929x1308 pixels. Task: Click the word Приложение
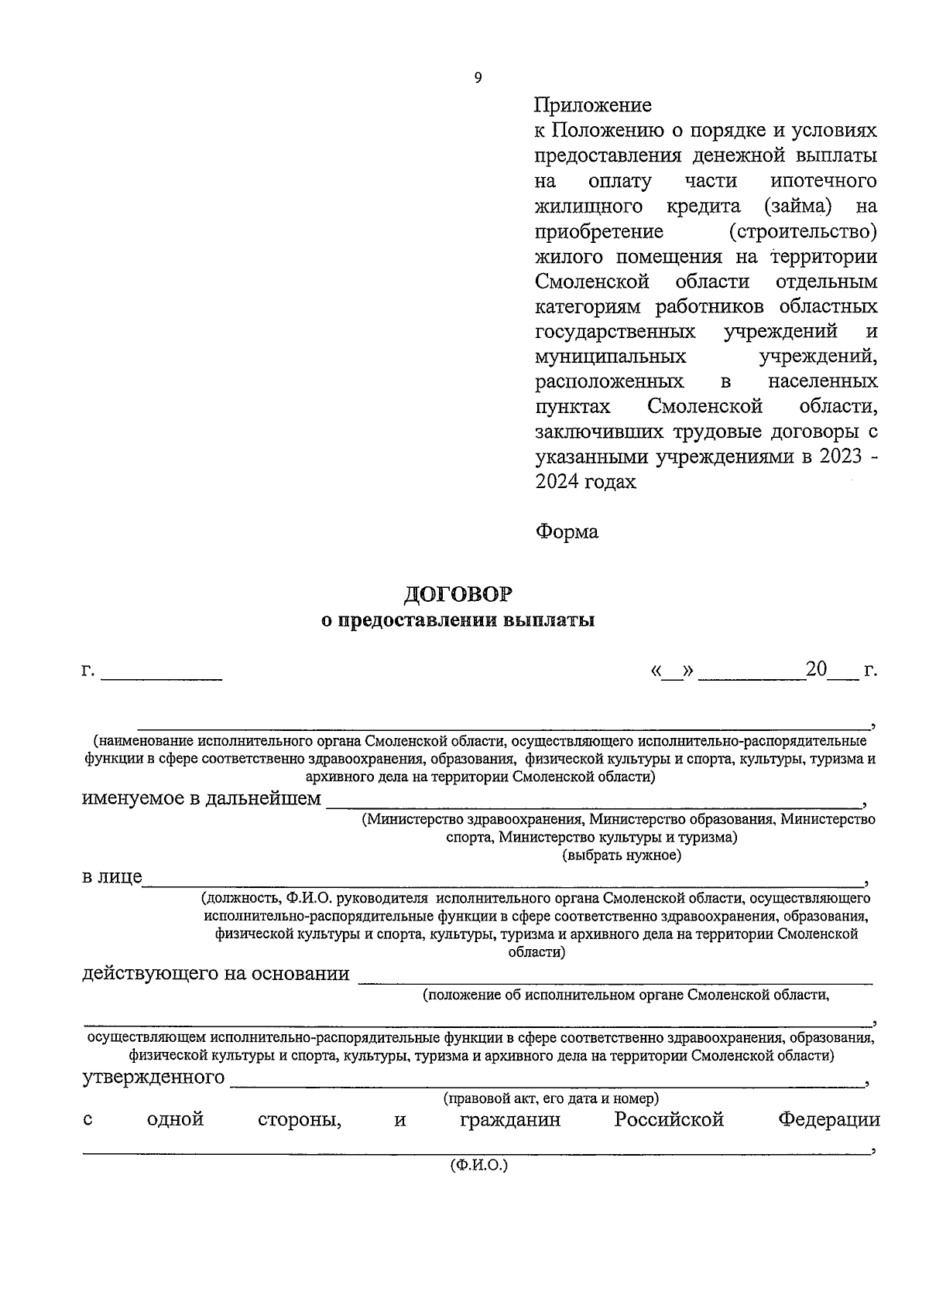[x=593, y=104]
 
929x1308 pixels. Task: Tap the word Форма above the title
[x=567, y=532]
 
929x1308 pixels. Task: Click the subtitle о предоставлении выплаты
[x=458, y=620]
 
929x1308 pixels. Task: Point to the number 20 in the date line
[x=816, y=669]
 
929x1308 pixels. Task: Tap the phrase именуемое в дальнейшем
[x=201, y=798]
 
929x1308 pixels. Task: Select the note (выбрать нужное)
[x=622, y=855]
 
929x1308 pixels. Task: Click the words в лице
[x=112, y=876]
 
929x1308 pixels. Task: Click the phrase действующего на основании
[x=216, y=973]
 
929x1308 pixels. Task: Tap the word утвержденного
[x=153, y=1077]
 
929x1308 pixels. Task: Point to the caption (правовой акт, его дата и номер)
[x=550, y=1098]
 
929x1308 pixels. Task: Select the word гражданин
[x=510, y=1119]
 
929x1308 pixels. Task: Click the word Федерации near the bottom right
[x=829, y=1119]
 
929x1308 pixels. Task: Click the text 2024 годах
[x=585, y=482]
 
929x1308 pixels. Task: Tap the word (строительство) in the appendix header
[x=803, y=231]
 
